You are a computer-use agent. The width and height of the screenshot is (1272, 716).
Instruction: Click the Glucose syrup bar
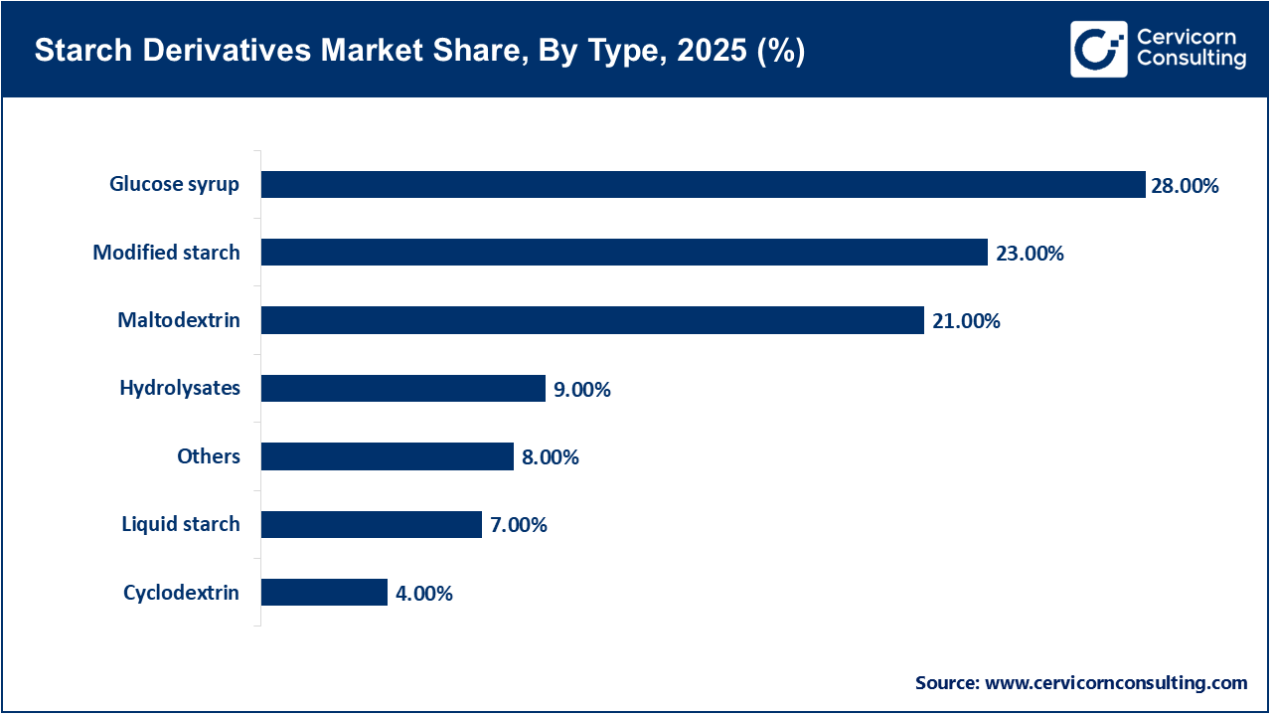(704, 184)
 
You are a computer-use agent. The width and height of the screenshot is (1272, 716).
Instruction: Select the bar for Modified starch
(624, 253)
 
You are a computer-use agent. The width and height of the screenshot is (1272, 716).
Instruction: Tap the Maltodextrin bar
(592, 320)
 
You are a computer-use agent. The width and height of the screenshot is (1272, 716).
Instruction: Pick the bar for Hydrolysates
(403, 388)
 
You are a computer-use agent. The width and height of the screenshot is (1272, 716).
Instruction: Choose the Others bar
(388, 456)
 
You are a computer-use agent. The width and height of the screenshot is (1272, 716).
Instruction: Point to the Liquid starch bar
(372, 524)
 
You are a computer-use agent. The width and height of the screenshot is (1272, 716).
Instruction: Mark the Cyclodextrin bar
(324, 593)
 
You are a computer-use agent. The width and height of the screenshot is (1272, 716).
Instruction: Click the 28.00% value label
(1185, 185)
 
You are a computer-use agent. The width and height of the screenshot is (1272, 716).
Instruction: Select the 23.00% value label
(1030, 254)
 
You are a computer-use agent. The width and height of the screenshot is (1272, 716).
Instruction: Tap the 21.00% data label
(966, 321)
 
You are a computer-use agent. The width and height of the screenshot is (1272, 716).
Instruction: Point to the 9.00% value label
(581, 390)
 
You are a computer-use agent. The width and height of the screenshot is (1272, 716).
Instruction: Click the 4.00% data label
(423, 594)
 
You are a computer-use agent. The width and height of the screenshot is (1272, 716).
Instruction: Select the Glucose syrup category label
(175, 184)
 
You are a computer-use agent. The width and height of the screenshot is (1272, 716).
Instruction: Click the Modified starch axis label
(166, 253)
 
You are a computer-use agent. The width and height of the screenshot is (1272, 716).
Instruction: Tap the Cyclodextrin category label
(181, 593)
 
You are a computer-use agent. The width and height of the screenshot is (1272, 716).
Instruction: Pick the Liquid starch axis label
(181, 524)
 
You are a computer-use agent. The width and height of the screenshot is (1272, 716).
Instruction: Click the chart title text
(419, 51)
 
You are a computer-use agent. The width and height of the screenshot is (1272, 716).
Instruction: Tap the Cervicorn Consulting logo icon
(1098, 49)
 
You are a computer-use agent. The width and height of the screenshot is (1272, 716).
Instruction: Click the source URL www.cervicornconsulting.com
(1116, 682)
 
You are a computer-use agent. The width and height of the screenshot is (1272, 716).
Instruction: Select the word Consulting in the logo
(1192, 60)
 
